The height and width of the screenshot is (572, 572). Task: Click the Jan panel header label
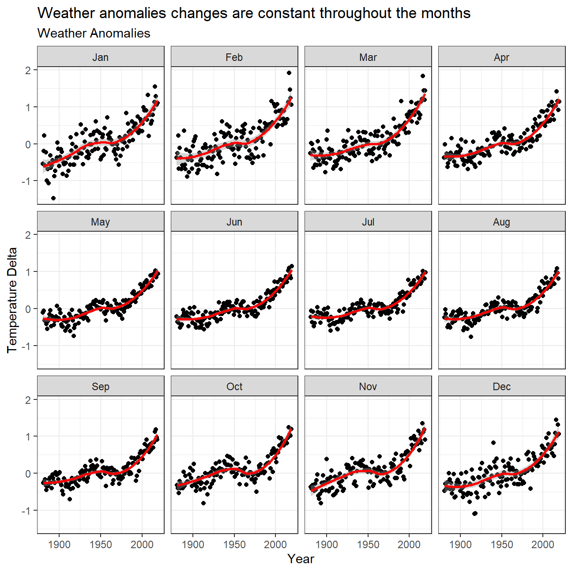click(x=101, y=57)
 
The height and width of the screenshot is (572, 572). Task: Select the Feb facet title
click(x=234, y=57)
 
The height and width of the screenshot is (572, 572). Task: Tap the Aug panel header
click(x=501, y=222)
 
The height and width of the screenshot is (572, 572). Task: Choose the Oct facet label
click(x=234, y=387)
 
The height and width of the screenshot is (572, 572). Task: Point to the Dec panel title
click(x=501, y=387)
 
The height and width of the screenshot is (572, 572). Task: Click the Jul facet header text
click(x=368, y=222)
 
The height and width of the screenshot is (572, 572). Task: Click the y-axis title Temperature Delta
click(x=12, y=300)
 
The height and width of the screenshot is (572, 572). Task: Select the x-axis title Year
click(x=301, y=559)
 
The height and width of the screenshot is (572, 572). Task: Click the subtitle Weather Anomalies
click(x=94, y=34)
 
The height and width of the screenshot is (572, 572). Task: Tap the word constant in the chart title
click(x=286, y=13)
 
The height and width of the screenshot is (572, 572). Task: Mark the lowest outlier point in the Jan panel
click(x=53, y=198)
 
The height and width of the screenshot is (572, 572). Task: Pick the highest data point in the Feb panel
click(x=289, y=73)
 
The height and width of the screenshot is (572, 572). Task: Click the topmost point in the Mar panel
click(x=423, y=76)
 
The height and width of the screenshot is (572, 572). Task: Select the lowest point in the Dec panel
click(x=475, y=513)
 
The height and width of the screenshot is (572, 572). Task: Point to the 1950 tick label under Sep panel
click(x=101, y=544)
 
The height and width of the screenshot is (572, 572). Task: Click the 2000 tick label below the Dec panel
click(x=542, y=544)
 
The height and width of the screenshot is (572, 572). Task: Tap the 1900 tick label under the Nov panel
click(x=327, y=544)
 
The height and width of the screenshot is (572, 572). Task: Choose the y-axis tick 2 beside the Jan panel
click(x=28, y=70)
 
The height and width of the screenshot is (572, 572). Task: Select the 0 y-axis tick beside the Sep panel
click(x=28, y=474)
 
